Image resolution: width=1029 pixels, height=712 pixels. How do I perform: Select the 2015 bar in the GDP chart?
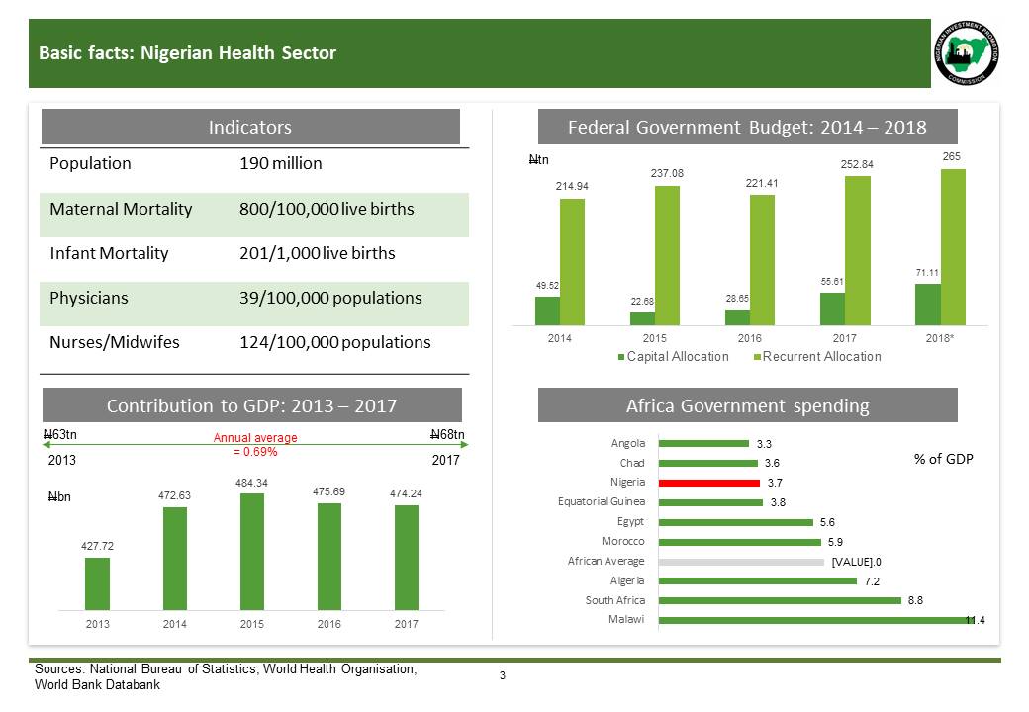251,552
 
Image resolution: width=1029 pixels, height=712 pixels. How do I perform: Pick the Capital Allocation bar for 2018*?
927,305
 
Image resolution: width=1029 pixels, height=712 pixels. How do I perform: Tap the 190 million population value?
281,164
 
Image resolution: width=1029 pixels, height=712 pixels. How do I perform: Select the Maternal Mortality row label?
121,210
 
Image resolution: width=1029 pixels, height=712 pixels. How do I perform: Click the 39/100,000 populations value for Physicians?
330,298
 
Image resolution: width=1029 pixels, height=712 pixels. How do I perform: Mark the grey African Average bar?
741,561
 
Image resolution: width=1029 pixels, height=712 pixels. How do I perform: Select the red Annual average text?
256,445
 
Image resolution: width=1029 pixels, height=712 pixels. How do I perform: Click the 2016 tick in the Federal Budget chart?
748,338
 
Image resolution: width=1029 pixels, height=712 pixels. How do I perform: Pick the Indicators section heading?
249,127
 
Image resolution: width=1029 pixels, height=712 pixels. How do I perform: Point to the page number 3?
503,676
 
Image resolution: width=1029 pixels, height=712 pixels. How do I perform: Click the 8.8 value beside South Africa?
916,600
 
